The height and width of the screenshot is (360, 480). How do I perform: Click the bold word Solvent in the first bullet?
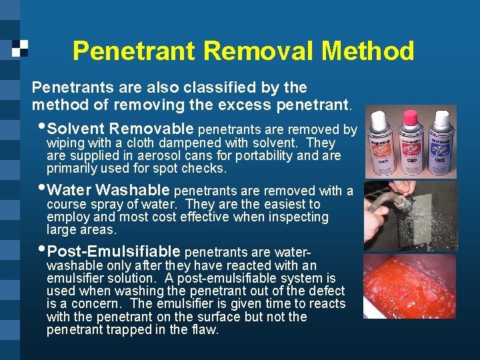point(75,129)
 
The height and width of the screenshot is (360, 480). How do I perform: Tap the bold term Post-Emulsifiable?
point(114,251)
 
